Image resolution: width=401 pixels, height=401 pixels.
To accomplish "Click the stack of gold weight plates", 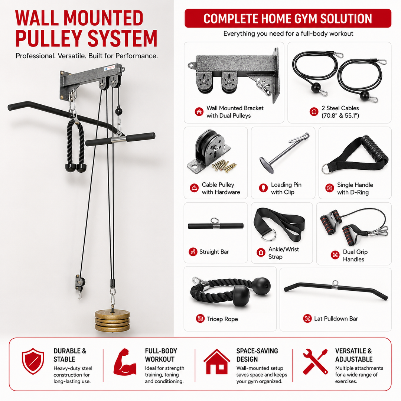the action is coord(112,321).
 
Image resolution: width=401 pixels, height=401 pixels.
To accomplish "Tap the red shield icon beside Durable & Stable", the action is coord(33,361).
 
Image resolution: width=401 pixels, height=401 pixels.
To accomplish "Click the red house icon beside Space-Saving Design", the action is coord(216,361).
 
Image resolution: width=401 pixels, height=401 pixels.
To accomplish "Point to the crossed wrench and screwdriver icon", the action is coord(315,361).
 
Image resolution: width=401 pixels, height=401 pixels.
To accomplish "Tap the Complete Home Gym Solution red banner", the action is coord(288,19).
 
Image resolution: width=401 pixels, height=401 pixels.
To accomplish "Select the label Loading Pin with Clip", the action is coord(286,189).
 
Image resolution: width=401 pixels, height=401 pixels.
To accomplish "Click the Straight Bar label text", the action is coord(214,252).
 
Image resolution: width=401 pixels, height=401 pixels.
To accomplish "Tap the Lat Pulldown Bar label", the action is coord(336,319).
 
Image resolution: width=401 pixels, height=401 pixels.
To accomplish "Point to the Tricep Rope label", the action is coord(222,319).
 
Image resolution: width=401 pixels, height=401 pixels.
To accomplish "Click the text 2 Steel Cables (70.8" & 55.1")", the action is coord(340,112).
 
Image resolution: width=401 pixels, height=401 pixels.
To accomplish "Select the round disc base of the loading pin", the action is coord(267,162).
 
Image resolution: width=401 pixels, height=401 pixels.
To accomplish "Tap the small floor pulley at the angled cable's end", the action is coord(80,283).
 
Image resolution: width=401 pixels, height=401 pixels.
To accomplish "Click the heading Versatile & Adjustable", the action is coord(354,355).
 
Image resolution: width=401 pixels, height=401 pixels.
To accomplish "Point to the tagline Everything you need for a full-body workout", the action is coord(288,33).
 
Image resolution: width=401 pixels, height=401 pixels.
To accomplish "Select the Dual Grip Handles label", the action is coord(355,255).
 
